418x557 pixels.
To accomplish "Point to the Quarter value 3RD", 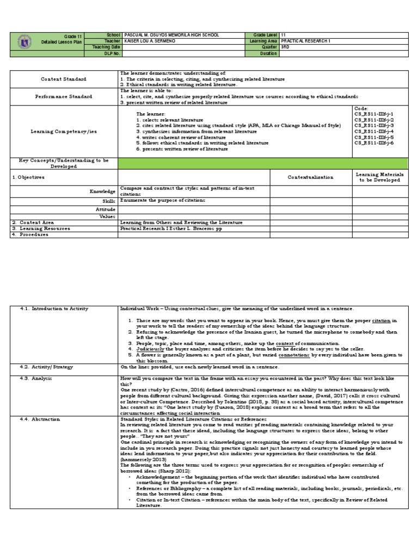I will [285, 47].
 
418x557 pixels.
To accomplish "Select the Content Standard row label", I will [63, 79].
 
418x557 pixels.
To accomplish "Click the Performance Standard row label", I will [63, 96].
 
